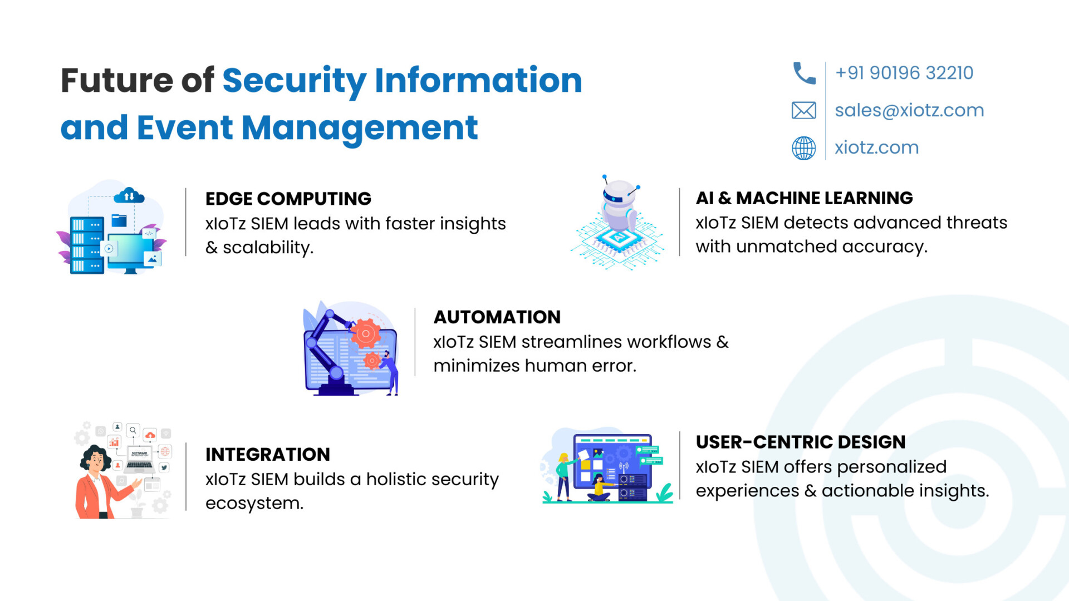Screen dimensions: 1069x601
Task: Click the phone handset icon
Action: coord(804,73)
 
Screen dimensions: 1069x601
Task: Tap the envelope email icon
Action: coord(804,110)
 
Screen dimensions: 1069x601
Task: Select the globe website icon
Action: coord(804,148)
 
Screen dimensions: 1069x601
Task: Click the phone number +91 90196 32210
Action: coord(904,73)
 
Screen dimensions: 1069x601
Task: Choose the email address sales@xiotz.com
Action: coord(909,110)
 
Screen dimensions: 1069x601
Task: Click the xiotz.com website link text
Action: coord(876,147)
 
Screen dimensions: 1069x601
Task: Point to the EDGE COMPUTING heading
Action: coord(288,199)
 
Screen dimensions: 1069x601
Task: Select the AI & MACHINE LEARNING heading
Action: coord(804,198)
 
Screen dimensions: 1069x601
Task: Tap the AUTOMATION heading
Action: coord(497,317)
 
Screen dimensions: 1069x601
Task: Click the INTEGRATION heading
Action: coord(267,455)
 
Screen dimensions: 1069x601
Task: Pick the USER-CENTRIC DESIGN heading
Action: coord(801,442)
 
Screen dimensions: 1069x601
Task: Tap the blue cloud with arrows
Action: coord(129,195)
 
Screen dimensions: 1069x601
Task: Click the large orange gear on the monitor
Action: coord(366,334)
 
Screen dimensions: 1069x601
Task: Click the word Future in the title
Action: coord(117,80)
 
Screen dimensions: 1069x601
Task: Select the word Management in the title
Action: coord(360,129)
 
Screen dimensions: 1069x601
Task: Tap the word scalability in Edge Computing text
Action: coord(268,248)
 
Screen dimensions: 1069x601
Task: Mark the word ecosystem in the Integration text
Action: coord(254,504)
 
